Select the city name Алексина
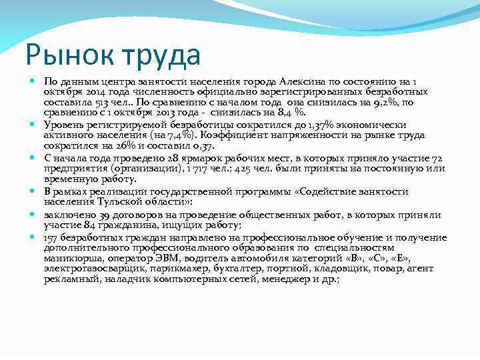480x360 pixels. coord(303,81)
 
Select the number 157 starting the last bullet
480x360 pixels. coord(53,237)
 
